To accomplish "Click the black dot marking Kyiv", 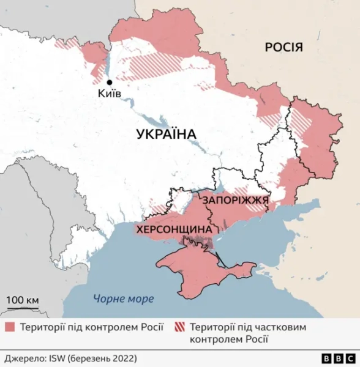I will tap(110, 83).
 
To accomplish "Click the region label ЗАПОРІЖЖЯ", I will tap(234, 201).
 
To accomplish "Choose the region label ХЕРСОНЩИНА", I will tap(174, 229).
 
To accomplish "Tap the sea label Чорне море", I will tap(123, 299).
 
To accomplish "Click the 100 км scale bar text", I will tap(23, 300).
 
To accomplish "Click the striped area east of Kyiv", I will tap(162, 64).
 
